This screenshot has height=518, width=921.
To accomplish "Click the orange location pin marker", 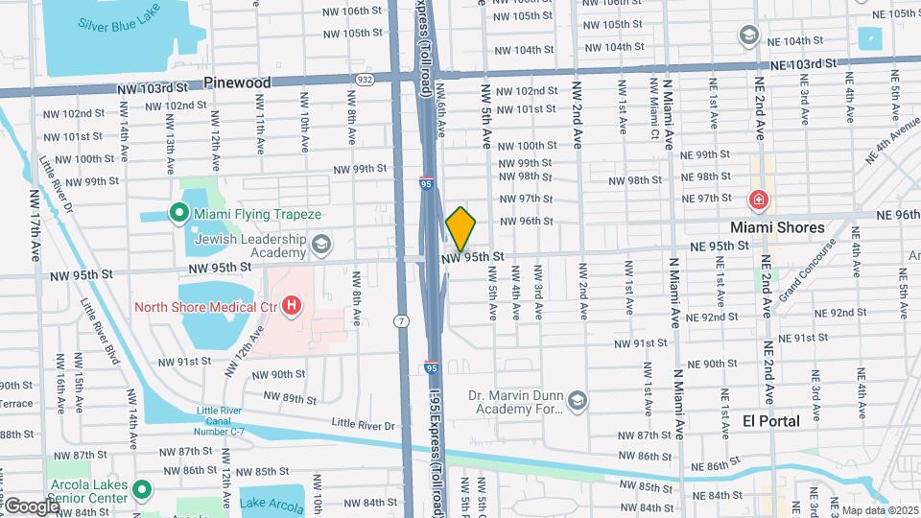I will click(x=460, y=229).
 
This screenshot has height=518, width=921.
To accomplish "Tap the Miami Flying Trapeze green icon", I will click(x=177, y=213).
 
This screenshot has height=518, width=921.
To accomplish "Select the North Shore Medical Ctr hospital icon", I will click(x=292, y=307).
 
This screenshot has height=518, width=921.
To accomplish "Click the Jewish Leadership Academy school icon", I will click(x=320, y=244).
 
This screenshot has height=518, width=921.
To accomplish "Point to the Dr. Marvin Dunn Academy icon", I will click(x=578, y=400).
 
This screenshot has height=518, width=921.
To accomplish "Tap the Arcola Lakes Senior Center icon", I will click(x=142, y=490).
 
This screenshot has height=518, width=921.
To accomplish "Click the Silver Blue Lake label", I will click(x=120, y=25).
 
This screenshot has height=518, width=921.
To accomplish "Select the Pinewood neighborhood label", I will click(x=237, y=83).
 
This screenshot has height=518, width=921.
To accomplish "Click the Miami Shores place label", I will click(x=777, y=227).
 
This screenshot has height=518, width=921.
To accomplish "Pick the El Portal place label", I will click(x=771, y=420).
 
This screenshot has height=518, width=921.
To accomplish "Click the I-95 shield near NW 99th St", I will click(x=425, y=180).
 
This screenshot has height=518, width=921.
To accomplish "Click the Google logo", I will click(x=31, y=506).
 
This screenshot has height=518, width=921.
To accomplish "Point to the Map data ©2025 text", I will click(x=880, y=509).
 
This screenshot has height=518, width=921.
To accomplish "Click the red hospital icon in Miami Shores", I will click(x=759, y=200).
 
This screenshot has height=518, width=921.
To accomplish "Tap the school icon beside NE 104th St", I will click(x=748, y=35).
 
